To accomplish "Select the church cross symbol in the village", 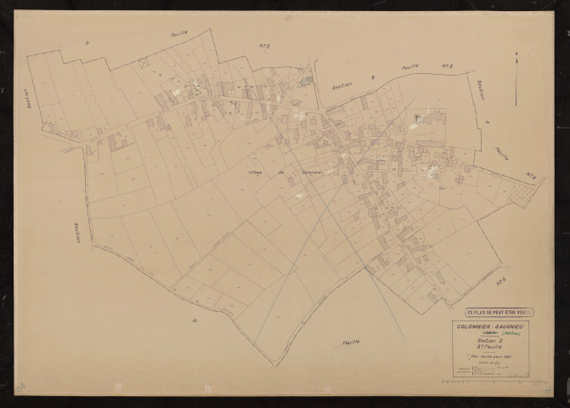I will pos(417,116).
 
